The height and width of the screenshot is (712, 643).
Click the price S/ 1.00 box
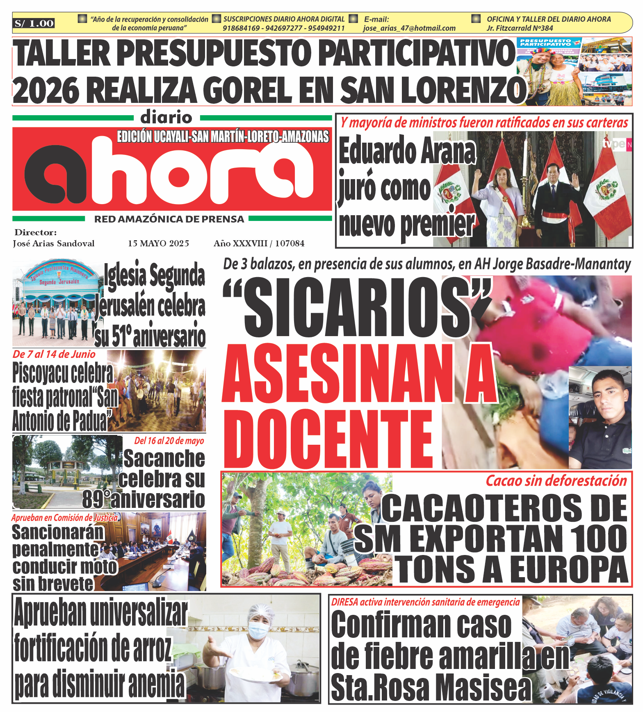34,23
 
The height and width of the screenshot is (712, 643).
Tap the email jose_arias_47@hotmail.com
409,28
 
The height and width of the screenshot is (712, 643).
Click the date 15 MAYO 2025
158,243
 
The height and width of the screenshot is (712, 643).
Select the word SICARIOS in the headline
357,307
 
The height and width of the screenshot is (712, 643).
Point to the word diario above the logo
166,118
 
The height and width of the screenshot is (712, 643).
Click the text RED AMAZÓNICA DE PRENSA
169,219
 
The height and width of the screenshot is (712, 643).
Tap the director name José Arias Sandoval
54,243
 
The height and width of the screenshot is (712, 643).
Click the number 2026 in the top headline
46,90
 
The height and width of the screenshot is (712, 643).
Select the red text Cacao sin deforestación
556,481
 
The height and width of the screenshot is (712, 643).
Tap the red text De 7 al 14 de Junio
54,354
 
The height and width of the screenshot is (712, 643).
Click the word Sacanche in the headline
164,458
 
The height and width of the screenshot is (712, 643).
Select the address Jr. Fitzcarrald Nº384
520,28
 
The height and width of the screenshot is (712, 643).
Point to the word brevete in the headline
53,584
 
